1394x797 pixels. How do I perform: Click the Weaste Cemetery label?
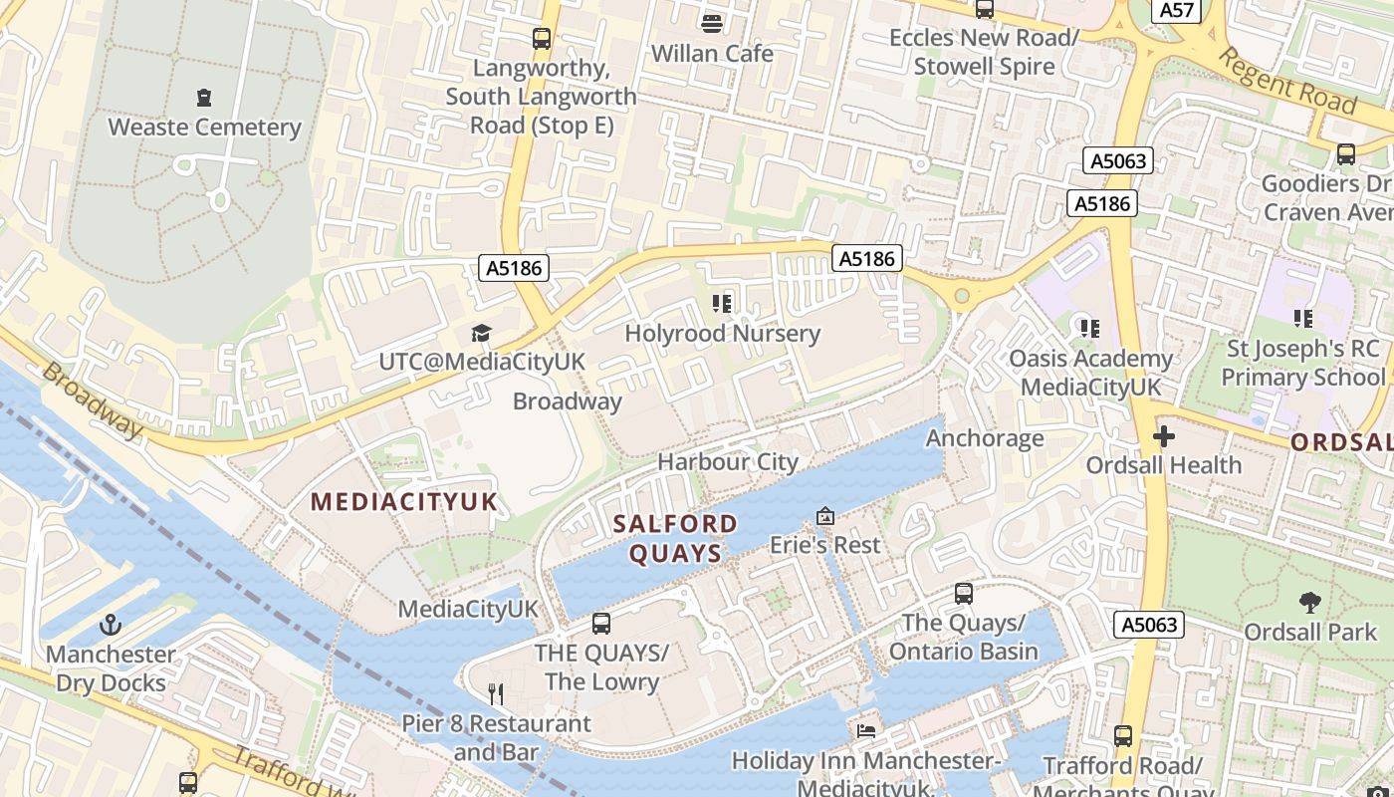[204, 128]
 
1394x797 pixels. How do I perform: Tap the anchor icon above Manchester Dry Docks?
[111, 626]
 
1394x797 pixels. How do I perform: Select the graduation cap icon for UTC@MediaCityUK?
[482, 333]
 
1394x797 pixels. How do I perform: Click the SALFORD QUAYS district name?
[675, 538]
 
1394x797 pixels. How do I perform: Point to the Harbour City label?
[728, 462]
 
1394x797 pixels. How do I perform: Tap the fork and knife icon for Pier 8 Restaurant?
[495, 693]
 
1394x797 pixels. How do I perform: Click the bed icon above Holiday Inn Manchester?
[866, 731]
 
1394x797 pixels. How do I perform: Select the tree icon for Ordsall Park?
[1310, 603]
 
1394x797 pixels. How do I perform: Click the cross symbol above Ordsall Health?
[1163, 436]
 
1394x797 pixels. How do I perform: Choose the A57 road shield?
[1177, 10]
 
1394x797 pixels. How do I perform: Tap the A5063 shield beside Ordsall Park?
[1149, 625]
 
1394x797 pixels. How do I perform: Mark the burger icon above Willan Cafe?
[712, 23]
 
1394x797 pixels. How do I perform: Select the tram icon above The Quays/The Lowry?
[601, 624]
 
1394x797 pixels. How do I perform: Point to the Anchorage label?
[985, 438]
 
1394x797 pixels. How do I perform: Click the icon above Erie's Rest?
[825, 516]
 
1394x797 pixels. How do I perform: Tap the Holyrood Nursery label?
[722, 334]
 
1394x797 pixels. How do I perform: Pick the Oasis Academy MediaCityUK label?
[1090, 372]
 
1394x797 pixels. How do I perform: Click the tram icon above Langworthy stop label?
[542, 39]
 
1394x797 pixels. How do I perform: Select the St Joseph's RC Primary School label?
[1302, 363]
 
